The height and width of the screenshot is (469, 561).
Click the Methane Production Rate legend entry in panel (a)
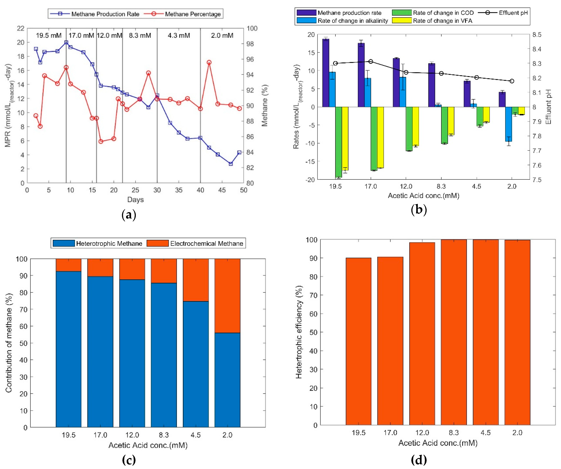click(x=95, y=14)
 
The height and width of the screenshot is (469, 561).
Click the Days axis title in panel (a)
click(x=135, y=200)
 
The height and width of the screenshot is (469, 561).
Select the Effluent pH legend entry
click(x=503, y=13)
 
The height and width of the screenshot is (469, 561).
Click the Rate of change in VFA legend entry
click(x=432, y=21)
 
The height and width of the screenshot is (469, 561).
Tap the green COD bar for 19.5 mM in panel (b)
click(x=338, y=142)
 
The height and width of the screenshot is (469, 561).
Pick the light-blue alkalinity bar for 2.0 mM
click(x=508, y=124)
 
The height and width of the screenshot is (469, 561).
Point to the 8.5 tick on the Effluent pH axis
click(x=537, y=35)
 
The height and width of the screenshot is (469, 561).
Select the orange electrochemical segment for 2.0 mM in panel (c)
click(x=227, y=296)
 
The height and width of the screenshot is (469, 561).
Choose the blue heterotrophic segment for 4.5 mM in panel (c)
click(x=196, y=364)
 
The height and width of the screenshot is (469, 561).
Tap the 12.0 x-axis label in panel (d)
click(x=422, y=433)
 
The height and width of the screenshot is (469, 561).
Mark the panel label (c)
click(x=129, y=460)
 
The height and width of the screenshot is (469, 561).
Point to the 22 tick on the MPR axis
click(x=21, y=28)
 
